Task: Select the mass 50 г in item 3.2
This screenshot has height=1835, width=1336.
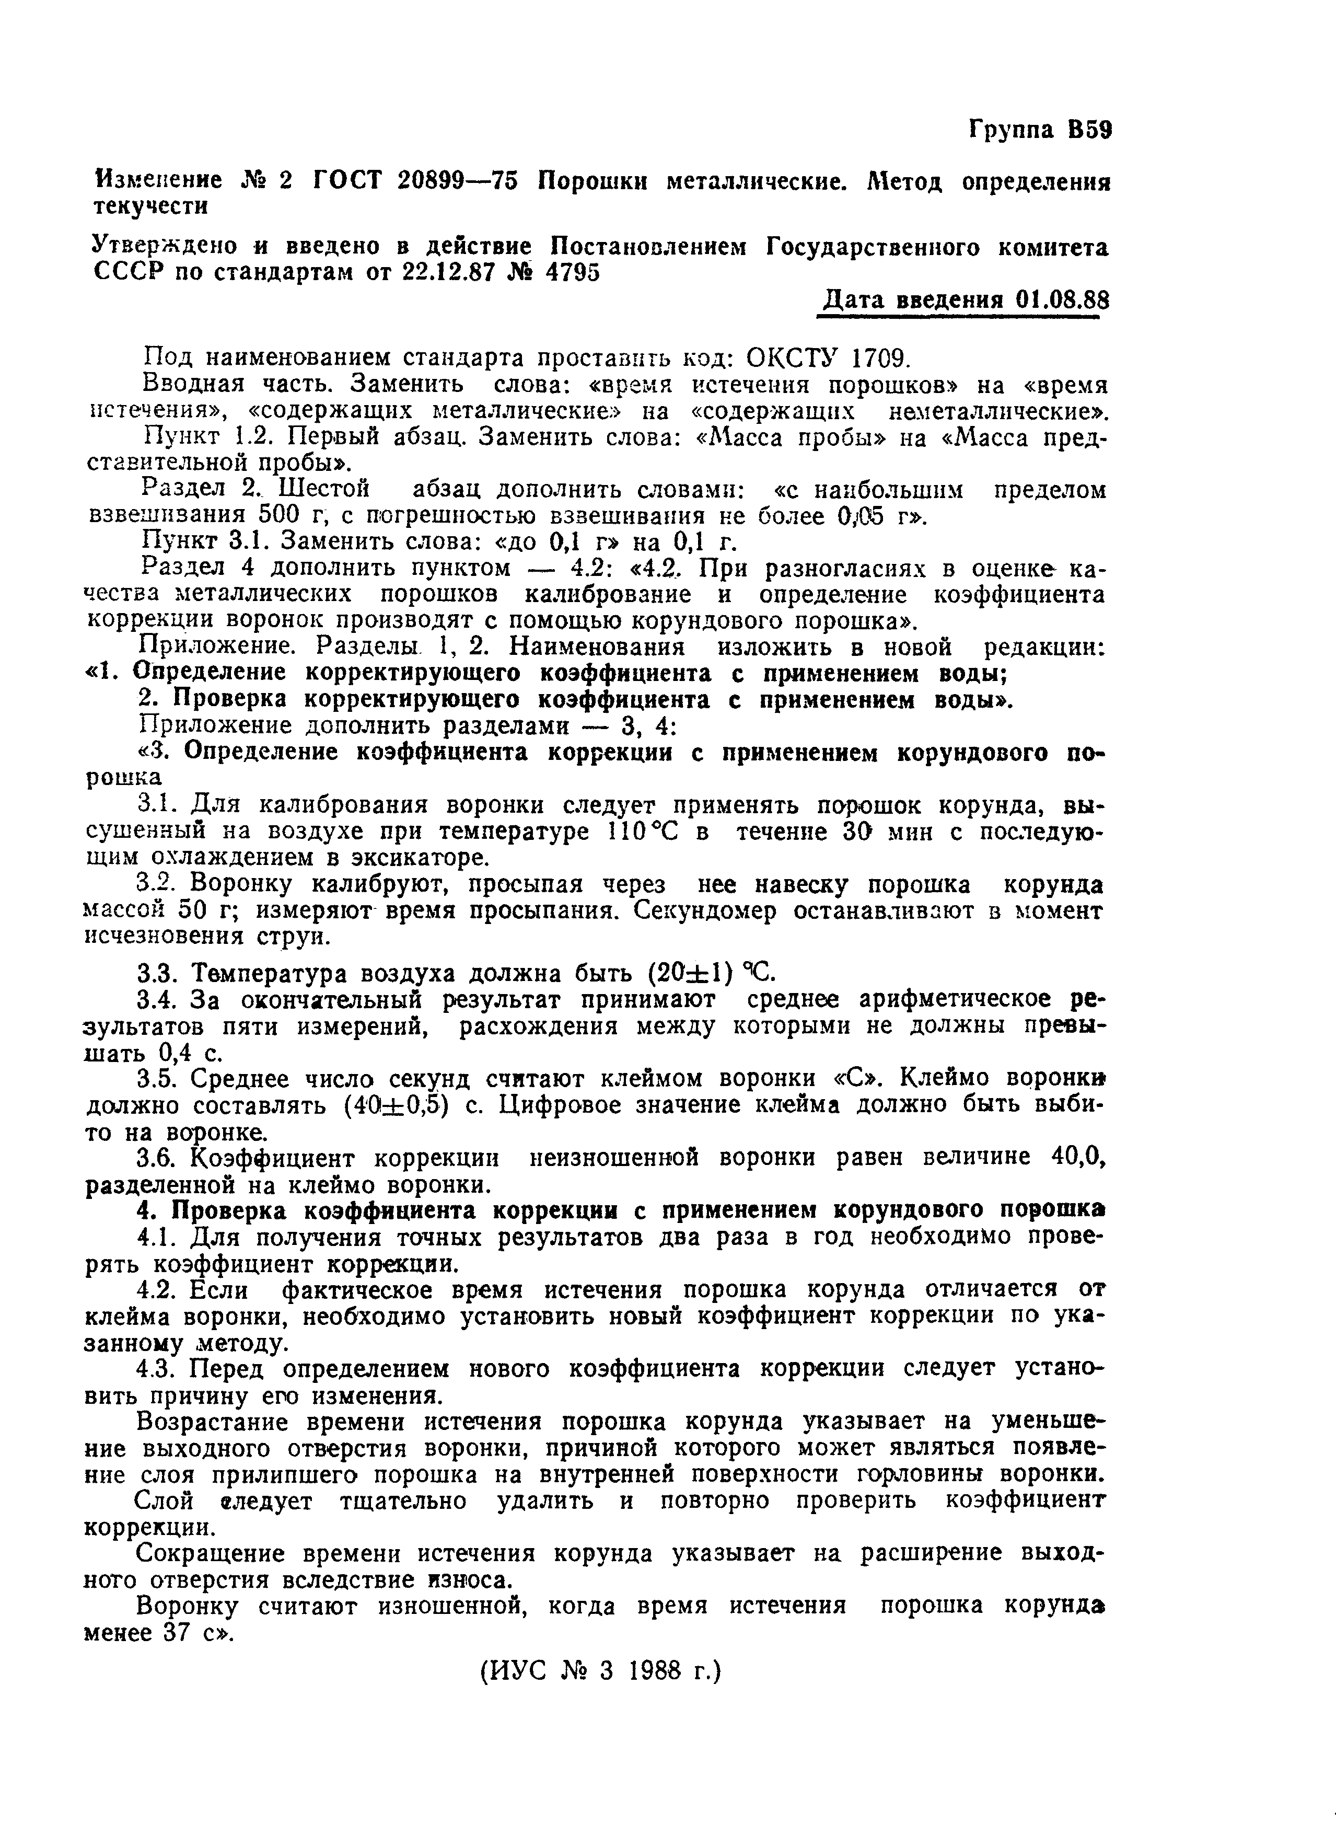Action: click(206, 910)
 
